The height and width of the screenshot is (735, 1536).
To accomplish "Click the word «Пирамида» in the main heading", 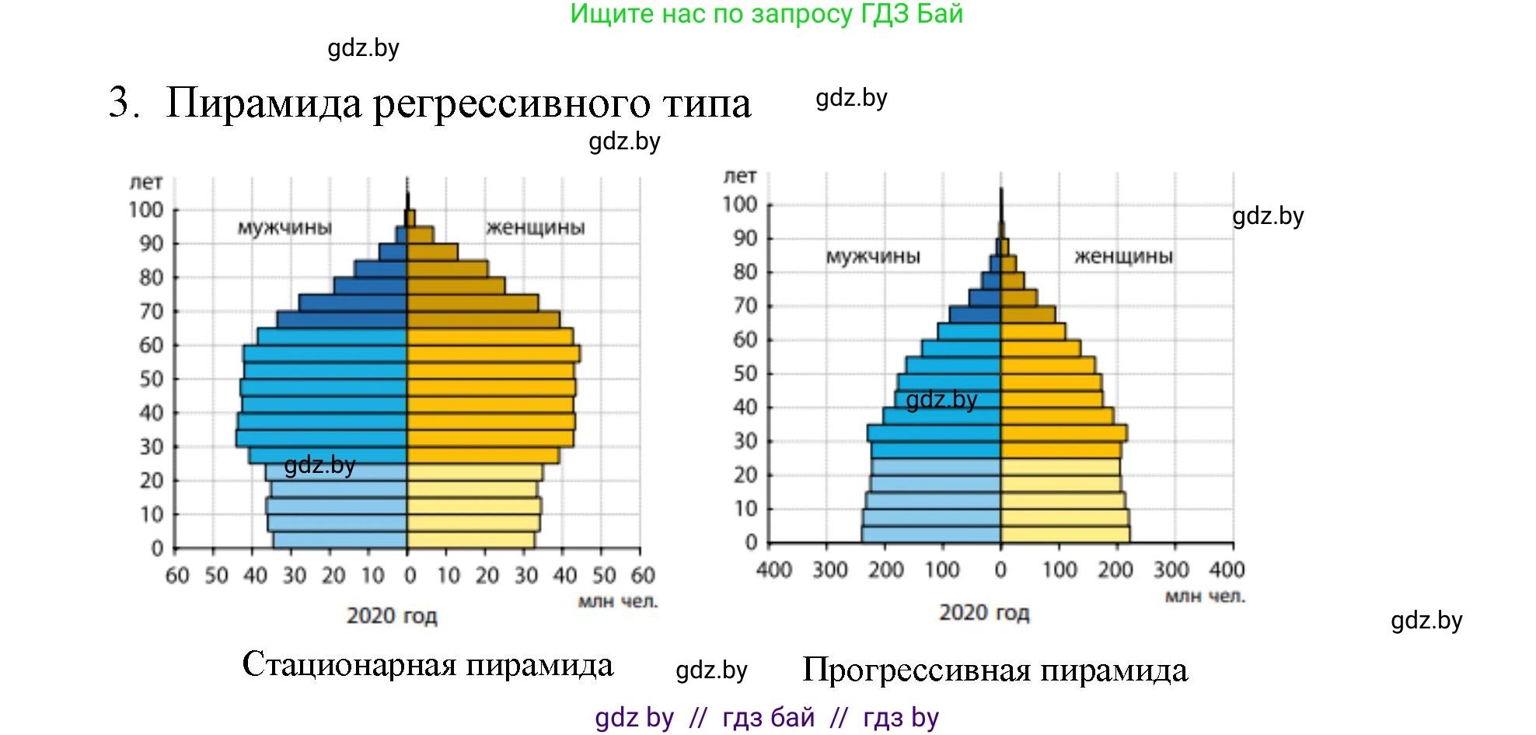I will (264, 103).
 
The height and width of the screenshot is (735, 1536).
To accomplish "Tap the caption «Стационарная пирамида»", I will (428, 664).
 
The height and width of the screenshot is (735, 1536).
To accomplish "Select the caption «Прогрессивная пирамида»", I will (994, 670).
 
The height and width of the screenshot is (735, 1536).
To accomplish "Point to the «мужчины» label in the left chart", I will (285, 227).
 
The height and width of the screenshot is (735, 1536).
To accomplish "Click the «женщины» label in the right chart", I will (1123, 256).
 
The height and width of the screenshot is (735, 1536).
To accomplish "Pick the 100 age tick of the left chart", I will (146, 210).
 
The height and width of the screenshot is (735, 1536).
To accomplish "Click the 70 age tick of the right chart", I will (745, 306).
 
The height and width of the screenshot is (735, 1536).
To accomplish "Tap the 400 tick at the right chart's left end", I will (774, 570).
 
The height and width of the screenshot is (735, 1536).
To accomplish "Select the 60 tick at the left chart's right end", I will (643, 576).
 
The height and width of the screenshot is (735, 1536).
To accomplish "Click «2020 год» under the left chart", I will (392, 616).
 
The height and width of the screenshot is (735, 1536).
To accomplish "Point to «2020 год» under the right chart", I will (984, 613).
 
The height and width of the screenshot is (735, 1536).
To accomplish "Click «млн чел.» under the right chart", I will (1205, 597).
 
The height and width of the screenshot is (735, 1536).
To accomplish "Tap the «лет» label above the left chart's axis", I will (146, 182).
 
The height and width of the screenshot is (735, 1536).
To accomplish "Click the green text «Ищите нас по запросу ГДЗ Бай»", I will (766, 14).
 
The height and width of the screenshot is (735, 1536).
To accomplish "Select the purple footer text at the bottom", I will (766, 717).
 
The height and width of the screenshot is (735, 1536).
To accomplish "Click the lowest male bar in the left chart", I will (340, 540).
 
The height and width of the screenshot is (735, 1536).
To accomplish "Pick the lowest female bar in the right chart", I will (1065, 534).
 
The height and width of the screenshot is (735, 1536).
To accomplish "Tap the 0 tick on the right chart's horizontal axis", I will (1000, 570).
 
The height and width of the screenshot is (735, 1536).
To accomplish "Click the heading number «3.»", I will (124, 103).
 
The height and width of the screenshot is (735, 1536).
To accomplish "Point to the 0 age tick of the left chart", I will (157, 548).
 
